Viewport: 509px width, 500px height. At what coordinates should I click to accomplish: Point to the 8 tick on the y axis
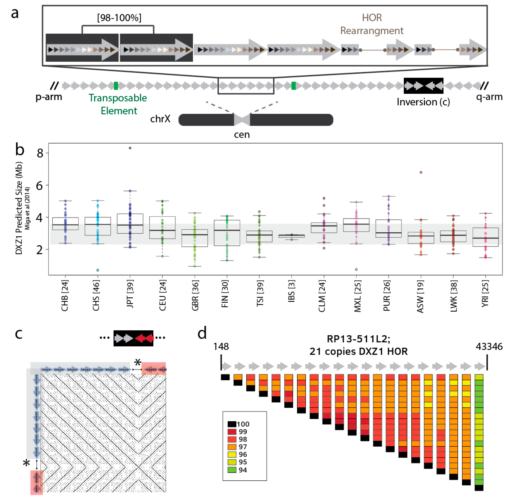(x=40, y=153)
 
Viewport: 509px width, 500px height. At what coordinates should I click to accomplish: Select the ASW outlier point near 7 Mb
(x=421, y=173)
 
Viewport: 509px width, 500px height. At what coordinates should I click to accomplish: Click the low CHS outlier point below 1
(x=98, y=270)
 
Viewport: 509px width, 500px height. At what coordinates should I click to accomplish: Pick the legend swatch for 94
(x=232, y=470)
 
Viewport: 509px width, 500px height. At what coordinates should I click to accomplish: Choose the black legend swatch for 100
(x=232, y=424)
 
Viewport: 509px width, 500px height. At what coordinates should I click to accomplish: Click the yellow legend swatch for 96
(x=232, y=454)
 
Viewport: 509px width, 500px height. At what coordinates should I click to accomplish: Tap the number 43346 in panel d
(x=489, y=347)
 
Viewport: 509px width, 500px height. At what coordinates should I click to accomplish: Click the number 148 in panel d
(x=221, y=347)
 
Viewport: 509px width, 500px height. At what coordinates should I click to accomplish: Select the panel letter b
(x=20, y=150)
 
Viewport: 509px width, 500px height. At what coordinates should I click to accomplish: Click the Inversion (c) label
(x=423, y=102)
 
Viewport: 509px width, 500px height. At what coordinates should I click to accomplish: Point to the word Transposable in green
(x=118, y=98)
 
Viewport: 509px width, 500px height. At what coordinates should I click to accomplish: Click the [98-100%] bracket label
(x=119, y=18)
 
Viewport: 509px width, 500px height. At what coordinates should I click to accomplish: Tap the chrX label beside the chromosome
(x=160, y=119)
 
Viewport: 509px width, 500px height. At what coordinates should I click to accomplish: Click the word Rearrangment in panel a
(x=372, y=31)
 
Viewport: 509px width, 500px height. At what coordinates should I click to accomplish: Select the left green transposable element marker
(x=116, y=86)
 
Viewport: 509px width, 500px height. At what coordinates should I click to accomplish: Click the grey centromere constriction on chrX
(x=242, y=120)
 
